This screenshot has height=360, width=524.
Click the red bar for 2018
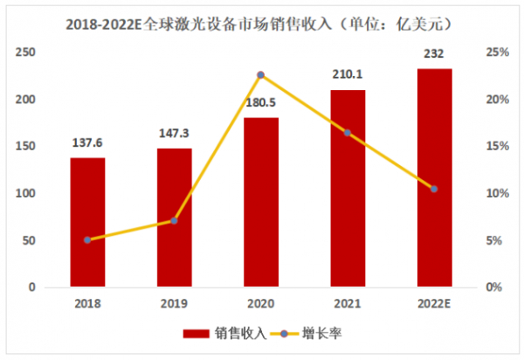87,222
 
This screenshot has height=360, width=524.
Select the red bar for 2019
174,218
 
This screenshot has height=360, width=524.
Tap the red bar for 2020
260,202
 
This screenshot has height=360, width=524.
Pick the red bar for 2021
348,188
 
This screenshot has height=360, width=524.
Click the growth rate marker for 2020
260,75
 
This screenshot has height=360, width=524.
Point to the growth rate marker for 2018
87,239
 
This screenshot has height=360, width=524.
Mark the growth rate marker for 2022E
434,189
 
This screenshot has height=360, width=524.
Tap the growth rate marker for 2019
174,221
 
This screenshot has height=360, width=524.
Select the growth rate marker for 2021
348,133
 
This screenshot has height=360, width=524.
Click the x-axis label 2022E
434,302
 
